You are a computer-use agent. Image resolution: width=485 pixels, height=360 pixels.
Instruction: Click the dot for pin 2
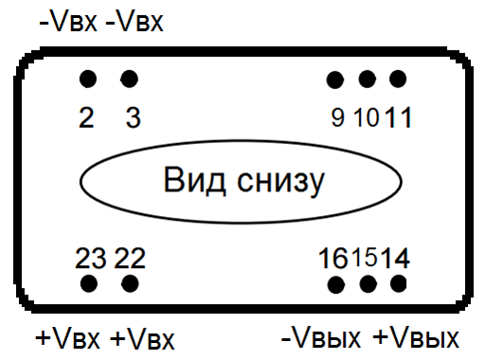88,78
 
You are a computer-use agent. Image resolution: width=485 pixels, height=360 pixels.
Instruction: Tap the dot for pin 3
130,78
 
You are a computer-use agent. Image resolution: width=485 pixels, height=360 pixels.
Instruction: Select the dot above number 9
334,79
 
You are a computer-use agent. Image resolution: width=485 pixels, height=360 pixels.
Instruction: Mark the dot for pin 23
89,283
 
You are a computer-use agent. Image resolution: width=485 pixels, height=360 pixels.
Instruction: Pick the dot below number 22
130,283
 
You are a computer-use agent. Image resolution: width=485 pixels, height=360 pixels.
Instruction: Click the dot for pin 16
334,283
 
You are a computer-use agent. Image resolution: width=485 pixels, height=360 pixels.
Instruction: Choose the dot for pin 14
398,283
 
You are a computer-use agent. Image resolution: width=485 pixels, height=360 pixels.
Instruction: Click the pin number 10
367,118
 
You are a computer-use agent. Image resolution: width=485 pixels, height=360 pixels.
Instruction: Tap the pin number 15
366,257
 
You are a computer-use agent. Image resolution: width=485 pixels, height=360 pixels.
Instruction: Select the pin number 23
92,257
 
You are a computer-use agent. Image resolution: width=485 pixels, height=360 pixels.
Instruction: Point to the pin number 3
133,118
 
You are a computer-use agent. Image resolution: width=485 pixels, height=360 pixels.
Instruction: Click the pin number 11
399,118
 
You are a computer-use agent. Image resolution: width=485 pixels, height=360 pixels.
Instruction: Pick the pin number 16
333,257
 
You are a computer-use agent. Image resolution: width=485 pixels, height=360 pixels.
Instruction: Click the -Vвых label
320,338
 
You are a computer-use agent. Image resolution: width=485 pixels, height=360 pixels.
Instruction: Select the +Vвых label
416,338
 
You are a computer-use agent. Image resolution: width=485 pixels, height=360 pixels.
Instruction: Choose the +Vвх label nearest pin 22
143,338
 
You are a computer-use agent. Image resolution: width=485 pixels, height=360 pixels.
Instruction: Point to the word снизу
276,180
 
